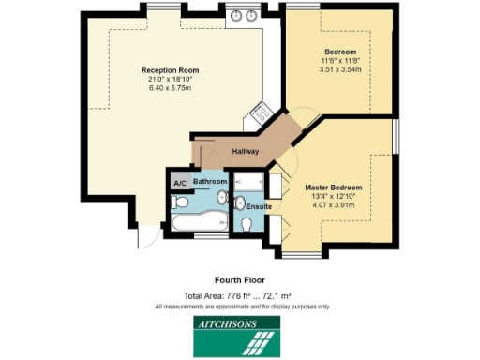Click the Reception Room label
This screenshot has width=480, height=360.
(x=166, y=70)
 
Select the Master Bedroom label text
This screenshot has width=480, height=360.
(x=333, y=187)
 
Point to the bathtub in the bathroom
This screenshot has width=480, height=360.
(x=199, y=222)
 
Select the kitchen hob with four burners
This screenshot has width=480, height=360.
(x=255, y=116)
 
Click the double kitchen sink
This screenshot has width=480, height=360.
(x=246, y=15)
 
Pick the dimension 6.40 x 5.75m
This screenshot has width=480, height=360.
(x=166, y=89)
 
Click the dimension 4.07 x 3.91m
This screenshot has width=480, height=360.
(x=333, y=206)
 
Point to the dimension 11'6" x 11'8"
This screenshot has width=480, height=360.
(x=339, y=60)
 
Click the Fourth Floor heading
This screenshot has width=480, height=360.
(x=240, y=279)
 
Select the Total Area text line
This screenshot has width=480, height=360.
(x=240, y=295)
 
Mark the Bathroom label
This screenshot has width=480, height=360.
(x=210, y=180)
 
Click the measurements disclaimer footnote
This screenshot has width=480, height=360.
(x=240, y=306)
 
